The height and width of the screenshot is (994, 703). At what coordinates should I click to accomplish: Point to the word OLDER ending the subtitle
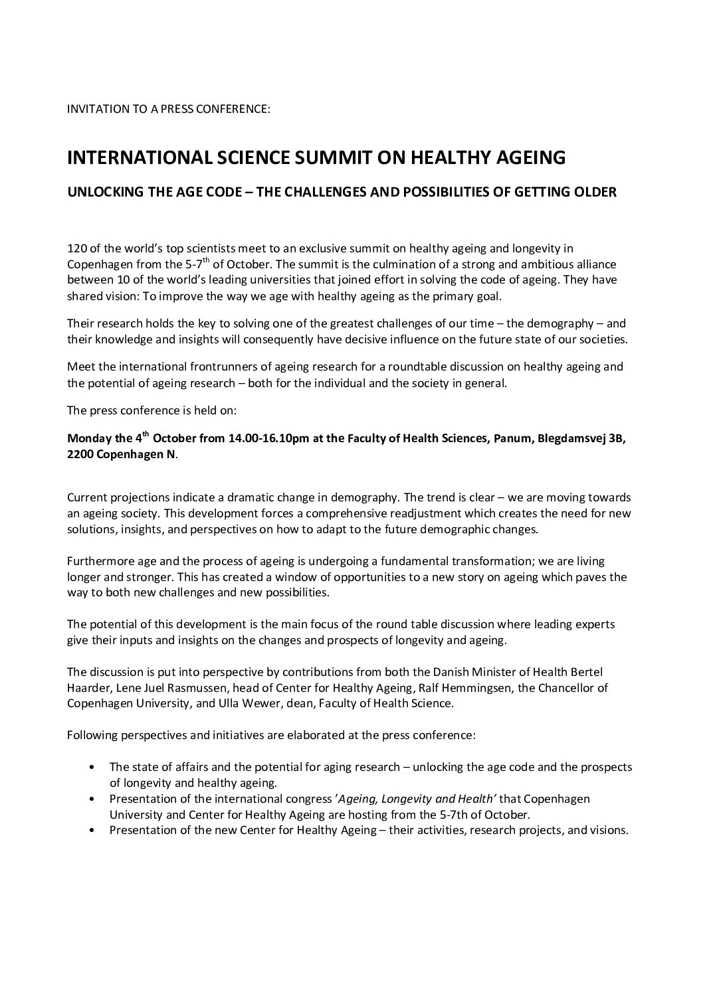[x=595, y=192]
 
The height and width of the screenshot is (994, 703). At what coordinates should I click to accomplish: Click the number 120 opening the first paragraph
[x=76, y=249]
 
